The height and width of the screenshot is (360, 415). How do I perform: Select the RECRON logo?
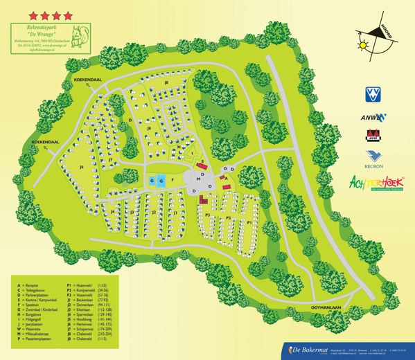click(374, 160)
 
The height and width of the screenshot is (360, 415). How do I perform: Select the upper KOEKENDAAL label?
click(88, 80)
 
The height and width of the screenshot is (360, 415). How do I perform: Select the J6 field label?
click(81, 167)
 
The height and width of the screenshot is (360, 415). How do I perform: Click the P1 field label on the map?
click(249, 222)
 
